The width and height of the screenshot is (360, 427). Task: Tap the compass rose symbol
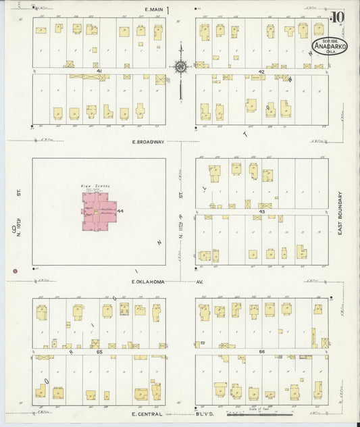coord(181,66)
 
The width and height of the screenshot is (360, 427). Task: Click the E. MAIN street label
coord(155,9)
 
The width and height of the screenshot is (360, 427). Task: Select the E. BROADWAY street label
coord(148,142)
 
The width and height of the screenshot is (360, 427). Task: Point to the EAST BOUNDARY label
coord(341,212)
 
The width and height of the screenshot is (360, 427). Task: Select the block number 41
coord(99,70)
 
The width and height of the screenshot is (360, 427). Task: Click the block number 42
coord(261,70)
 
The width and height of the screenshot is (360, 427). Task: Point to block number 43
coord(261,211)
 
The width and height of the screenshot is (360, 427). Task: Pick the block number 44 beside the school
coord(120,211)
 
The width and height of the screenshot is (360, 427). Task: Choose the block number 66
coord(261,352)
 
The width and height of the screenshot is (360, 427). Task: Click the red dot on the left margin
coord(14,272)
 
